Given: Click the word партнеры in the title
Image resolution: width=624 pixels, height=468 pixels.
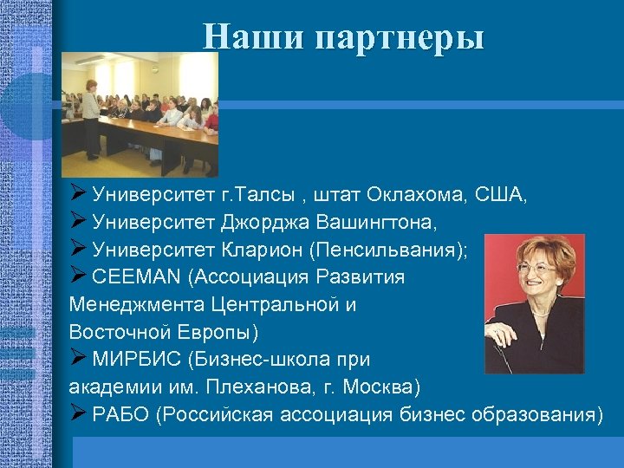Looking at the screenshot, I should [x=400, y=39].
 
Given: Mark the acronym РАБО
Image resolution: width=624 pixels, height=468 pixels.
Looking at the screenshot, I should [x=121, y=414].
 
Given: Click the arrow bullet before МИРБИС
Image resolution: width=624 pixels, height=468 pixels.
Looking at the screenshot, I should [x=78, y=359].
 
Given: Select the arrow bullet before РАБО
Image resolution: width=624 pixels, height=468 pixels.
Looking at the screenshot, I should [x=78, y=413].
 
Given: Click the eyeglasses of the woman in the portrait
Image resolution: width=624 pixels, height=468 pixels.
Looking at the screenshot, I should [x=536, y=268].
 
